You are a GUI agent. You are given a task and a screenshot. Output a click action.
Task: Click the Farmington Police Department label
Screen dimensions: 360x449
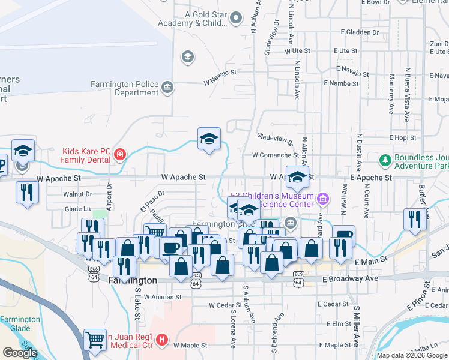click(124, 88)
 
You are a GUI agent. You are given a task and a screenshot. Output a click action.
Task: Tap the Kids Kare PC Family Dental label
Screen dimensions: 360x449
click(88, 155)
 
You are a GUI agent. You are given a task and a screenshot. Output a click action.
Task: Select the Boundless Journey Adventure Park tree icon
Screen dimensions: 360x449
click(385, 160)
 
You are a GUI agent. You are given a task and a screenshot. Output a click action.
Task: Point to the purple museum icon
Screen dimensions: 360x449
click(323, 198)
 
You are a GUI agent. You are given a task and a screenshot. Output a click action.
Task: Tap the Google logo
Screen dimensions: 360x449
click(20, 353)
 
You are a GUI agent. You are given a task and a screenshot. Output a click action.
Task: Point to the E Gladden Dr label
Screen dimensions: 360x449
click(359, 32)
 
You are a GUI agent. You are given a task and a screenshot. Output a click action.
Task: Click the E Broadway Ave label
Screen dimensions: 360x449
click(350, 279)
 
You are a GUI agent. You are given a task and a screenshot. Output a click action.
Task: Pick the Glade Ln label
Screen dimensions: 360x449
click(77, 209)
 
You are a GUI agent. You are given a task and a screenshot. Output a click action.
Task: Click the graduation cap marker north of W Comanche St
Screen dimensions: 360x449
click(209, 139)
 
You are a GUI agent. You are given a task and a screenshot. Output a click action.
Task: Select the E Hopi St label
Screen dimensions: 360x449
click(402, 138)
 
